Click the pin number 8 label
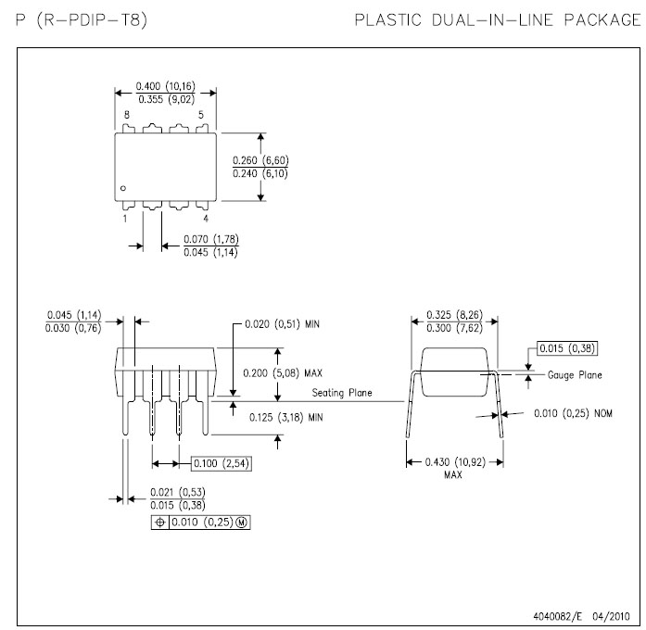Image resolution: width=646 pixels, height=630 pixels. (x=127, y=115)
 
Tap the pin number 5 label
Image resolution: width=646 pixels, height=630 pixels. (x=201, y=115)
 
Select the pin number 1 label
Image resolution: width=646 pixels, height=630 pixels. (x=125, y=219)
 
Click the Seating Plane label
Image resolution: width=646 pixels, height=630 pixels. (x=341, y=393)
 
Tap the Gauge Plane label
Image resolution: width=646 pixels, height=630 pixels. (x=575, y=375)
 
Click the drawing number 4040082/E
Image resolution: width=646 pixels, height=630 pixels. (x=560, y=614)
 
